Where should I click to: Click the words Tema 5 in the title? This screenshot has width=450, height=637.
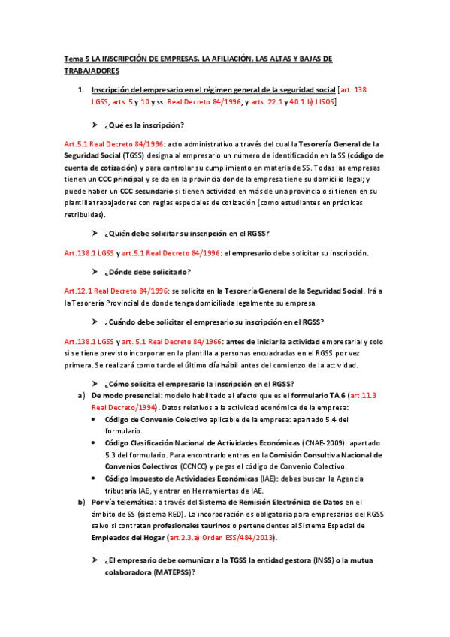(x=74, y=58)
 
